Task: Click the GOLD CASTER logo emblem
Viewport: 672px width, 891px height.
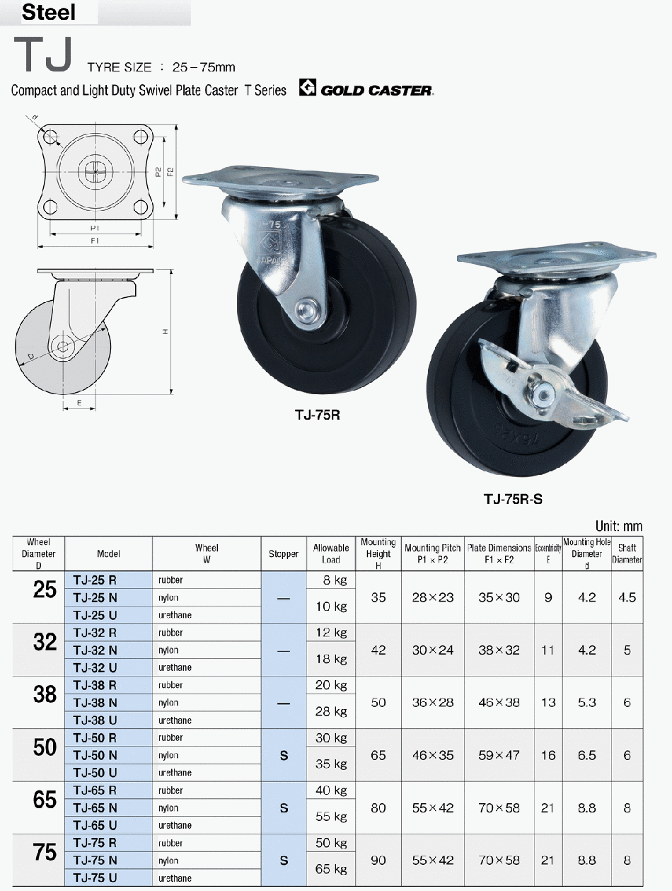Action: point(308,87)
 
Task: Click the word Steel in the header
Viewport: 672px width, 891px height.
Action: point(49,12)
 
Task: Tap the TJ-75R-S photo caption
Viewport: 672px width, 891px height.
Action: point(513,499)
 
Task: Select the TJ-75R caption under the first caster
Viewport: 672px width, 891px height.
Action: point(317,415)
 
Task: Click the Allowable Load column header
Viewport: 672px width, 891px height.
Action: point(331,553)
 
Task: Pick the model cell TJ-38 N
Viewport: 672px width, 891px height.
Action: point(95,703)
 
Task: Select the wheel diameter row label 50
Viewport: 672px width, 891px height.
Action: point(45,747)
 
